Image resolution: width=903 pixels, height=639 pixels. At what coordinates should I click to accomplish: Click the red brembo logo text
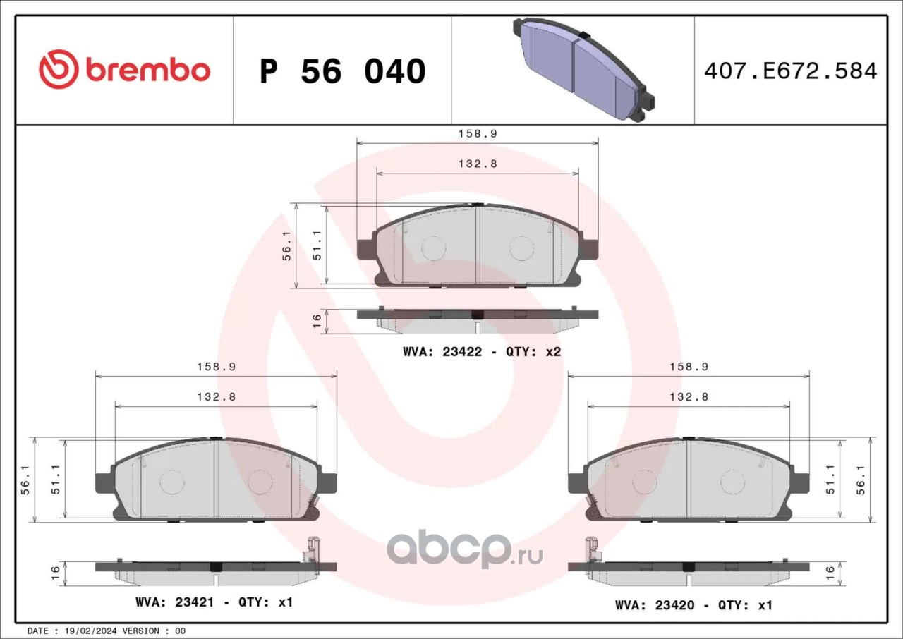click(x=148, y=71)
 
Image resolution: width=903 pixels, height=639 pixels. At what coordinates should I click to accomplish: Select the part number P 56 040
click(x=343, y=71)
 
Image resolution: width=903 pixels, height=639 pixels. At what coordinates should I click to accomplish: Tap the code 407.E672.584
click(x=791, y=71)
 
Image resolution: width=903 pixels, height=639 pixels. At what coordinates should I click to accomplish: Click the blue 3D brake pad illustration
click(x=583, y=69)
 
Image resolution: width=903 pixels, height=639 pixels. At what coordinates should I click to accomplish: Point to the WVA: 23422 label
click(x=442, y=352)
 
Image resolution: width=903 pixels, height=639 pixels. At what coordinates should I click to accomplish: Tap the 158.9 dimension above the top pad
click(x=478, y=134)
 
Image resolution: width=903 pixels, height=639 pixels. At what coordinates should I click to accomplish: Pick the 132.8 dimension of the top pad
click(x=478, y=164)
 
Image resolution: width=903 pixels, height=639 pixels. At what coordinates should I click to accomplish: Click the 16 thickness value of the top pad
click(x=317, y=321)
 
